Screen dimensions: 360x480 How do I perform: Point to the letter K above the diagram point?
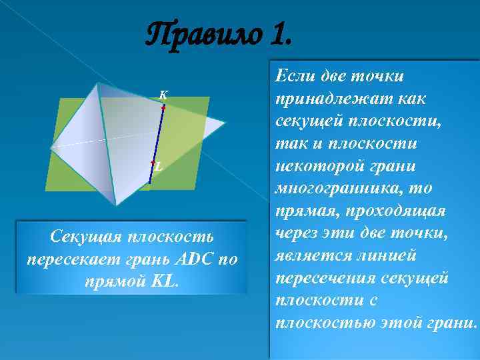click(x=163, y=94)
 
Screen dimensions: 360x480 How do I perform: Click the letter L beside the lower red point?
click(x=158, y=167)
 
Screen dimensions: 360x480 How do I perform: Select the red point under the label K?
click(x=163, y=107)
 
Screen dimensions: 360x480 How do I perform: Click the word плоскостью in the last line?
click(x=327, y=324)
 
